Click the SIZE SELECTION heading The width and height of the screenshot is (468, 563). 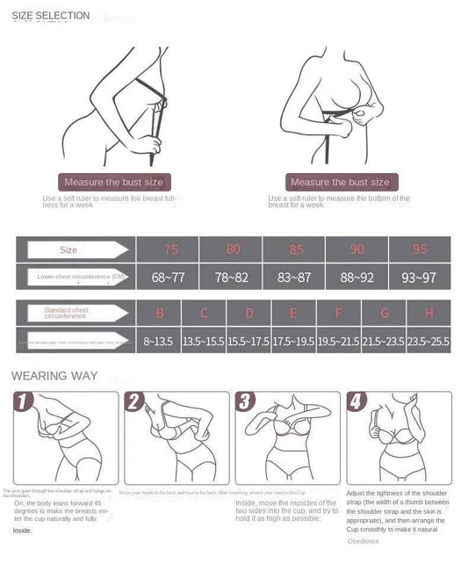(x=50, y=16)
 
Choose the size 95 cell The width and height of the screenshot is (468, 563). (x=420, y=249)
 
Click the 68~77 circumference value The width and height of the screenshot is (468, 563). (x=169, y=278)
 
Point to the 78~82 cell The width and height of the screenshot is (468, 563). (x=231, y=278)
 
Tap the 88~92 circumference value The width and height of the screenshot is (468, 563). (x=356, y=278)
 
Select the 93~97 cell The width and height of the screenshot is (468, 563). (x=420, y=278)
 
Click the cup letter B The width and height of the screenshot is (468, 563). (x=159, y=313)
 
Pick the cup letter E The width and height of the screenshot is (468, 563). (x=293, y=313)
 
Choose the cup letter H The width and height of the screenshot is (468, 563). (x=428, y=313)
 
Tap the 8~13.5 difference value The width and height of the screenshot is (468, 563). (x=159, y=340)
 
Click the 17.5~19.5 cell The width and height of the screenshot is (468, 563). (x=293, y=340)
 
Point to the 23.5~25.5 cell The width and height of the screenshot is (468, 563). (x=428, y=340)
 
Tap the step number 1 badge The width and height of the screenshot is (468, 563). (x=25, y=403)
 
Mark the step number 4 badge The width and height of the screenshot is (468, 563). (x=356, y=403)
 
